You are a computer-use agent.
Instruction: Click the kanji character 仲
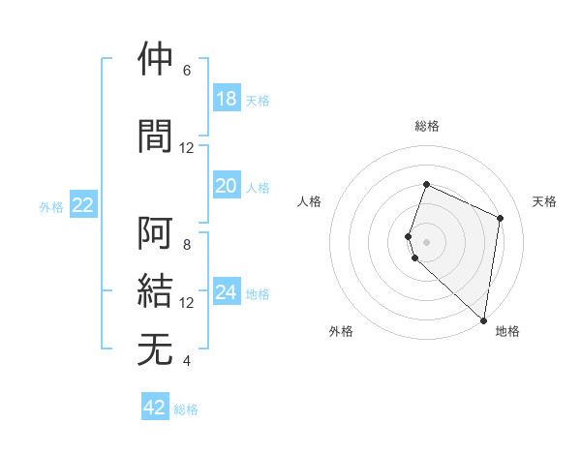(x=156, y=59)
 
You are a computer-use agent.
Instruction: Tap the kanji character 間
(x=156, y=135)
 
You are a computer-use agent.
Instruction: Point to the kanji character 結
(x=156, y=291)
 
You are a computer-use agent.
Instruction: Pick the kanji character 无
(x=156, y=349)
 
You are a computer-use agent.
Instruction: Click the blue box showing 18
(x=227, y=99)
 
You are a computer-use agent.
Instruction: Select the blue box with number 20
(x=227, y=187)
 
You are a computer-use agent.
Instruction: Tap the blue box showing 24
(x=227, y=293)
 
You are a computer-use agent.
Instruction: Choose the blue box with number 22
(x=83, y=205)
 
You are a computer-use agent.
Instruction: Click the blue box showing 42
(x=155, y=408)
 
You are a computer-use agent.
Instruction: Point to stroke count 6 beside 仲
(x=187, y=71)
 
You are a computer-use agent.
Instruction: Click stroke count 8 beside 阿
(x=187, y=245)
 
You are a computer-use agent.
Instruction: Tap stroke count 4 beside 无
(x=187, y=361)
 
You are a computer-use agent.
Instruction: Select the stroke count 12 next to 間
(x=187, y=148)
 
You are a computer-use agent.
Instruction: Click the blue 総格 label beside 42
(x=186, y=409)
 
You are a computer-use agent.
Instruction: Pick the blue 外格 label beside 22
(x=51, y=206)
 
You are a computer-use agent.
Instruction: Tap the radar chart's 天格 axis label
(x=545, y=201)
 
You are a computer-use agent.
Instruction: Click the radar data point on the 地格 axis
(x=484, y=320)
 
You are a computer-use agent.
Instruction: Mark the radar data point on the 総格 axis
(x=426, y=185)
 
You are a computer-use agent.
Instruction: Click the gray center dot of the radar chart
(x=426, y=241)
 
